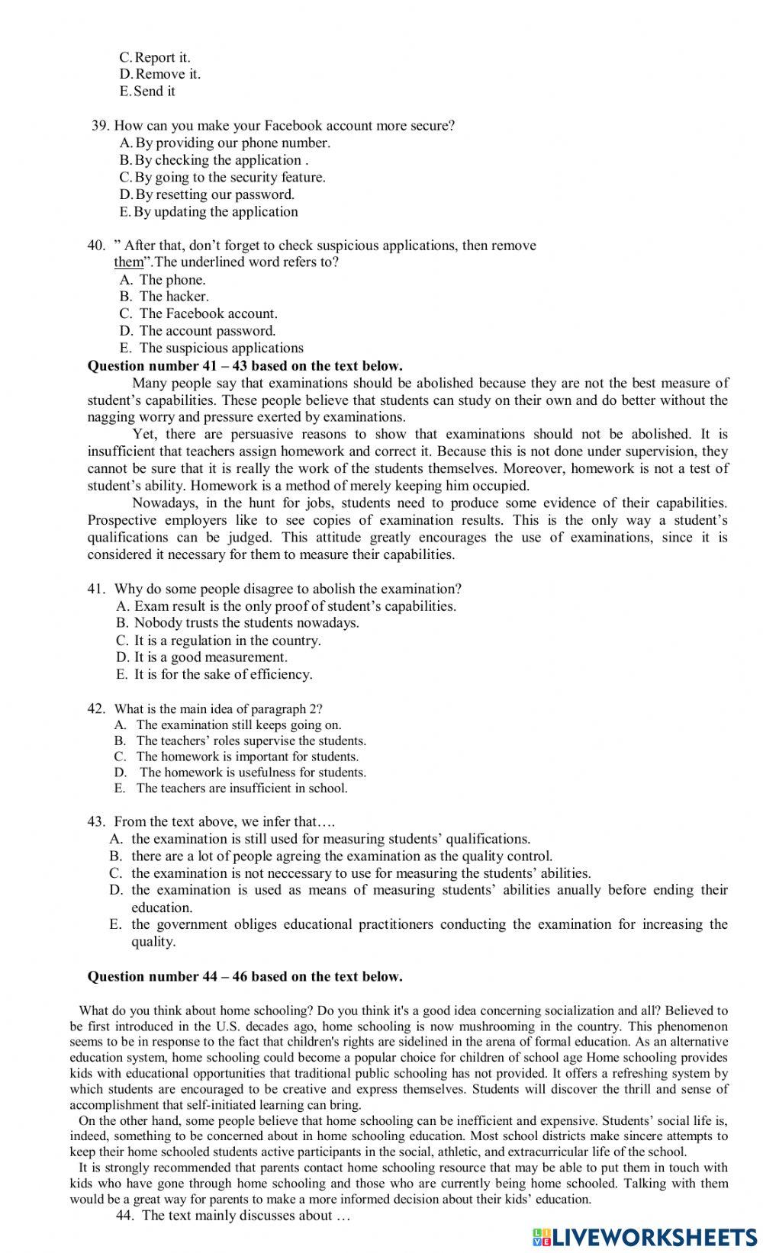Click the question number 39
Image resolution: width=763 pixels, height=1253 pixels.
pos(101,126)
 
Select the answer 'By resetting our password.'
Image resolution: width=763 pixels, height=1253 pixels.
pos(214,194)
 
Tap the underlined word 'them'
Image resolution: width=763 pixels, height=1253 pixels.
pos(128,262)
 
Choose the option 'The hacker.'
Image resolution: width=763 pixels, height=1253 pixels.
pos(173,297)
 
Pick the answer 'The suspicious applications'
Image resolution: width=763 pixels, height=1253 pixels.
pos(221,348)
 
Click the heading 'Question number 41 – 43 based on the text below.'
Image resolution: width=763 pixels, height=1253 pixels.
pos(245,366)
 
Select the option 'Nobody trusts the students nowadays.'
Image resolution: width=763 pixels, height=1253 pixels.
pos(246,623)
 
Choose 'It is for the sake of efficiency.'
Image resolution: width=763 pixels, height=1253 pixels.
pos(223,674)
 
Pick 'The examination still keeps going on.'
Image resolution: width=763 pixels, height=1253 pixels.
pos(238,725)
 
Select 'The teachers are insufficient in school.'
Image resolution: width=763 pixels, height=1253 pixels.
pos(241,789)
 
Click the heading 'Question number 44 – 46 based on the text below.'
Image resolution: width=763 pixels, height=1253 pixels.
pos(245,977)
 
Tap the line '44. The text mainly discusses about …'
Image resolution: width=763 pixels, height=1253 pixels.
pos(233,1216)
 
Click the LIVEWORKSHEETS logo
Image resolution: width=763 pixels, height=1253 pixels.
pos(645,1236)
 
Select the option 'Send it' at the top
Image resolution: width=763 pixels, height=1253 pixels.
pos(154,92)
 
